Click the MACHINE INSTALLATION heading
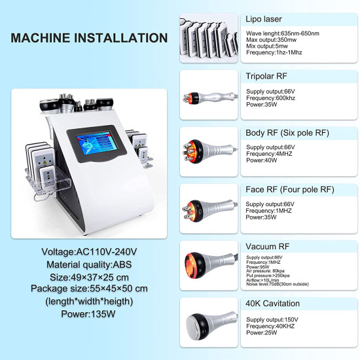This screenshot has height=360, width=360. click(x=89, y=38)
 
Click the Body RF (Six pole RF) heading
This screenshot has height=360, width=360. click(x=287, y=133)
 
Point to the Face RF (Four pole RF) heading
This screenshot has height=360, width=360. click(x=290, y=190)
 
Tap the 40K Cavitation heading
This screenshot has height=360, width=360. click(x=273, y=303)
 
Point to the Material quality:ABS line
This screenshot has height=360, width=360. click(x=90, y=264)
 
